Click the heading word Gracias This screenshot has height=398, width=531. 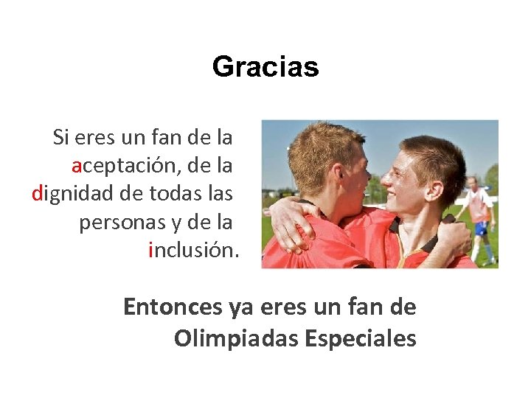point(265,67)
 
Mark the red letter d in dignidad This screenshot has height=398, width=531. point(38,194)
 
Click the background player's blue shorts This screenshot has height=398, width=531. point(481,228)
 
